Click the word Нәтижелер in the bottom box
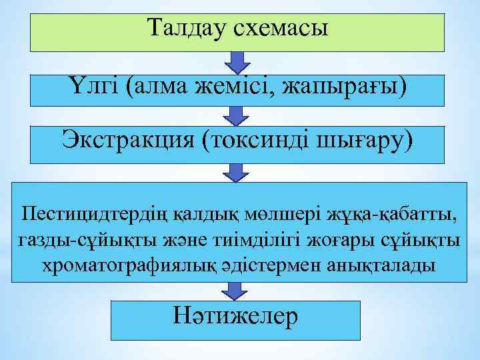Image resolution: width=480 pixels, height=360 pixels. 235,316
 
